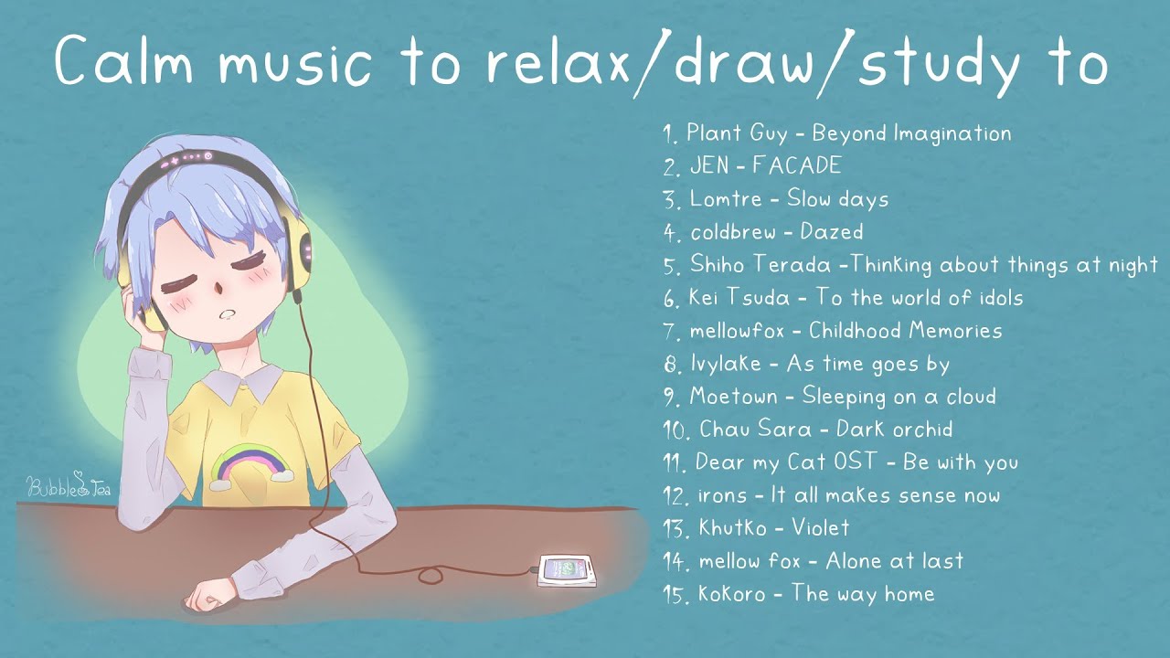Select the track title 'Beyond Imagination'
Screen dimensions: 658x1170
coord(911,133)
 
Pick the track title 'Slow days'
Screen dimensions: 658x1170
coord(837,199)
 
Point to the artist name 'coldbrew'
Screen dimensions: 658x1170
coord(734,232)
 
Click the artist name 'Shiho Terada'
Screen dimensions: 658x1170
coord(760,265)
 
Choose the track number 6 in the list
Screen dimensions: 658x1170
coord(672,299)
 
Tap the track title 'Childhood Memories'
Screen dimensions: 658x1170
coord(905,331)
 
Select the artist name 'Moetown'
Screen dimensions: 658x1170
coord(733,397)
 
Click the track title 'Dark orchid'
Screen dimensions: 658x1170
coord(894,430)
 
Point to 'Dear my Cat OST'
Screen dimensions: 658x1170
coord(786,462)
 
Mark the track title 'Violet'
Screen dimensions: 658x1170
coord(820,528)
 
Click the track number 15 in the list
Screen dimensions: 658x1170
coord(675,595)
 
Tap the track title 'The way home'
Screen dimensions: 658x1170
coord(863,594)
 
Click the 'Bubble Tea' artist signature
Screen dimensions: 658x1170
coord(69,485)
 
